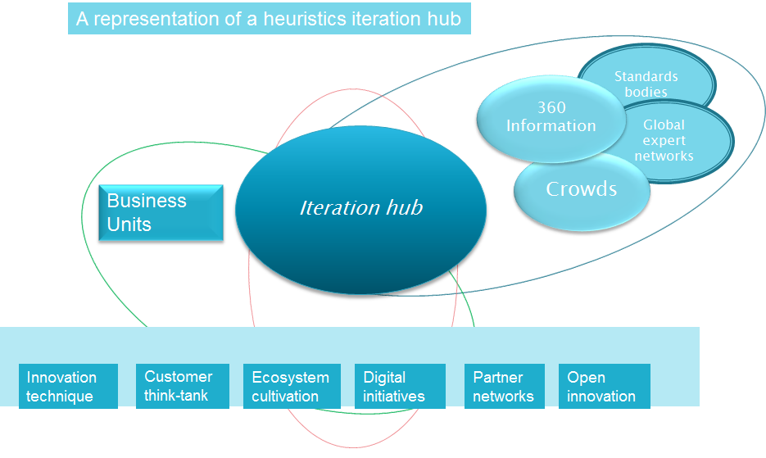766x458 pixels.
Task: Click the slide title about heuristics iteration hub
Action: tap(269, 19)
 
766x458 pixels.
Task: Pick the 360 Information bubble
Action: tap(550, 117)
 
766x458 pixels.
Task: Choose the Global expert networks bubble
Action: tap(676, 140)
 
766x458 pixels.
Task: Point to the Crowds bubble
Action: tap(581, 189)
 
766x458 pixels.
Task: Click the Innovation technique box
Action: tap(68, 387)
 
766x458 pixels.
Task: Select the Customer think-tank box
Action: tap(182, 386)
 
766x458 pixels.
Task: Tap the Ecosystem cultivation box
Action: tap(291, 387)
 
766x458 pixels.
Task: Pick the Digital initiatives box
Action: tap(400, 387)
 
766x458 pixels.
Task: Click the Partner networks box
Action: tap(504, 387)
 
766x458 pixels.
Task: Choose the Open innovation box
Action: tap(604, 387)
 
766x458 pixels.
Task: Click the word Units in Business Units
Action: tap(129, 224)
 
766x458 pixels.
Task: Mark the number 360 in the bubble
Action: tap(551, 107)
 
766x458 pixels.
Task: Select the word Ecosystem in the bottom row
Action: tap(291, 378)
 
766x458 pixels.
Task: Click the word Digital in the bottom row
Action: tap(385, 378)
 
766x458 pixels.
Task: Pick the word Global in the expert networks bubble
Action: tap(664, 125)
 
